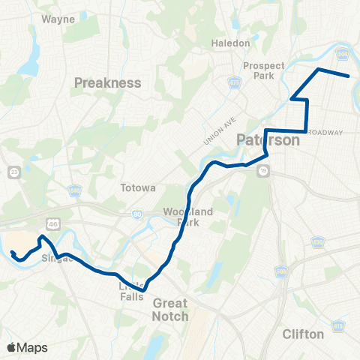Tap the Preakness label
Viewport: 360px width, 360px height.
click(x=108, y=82)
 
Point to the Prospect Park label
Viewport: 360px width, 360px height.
click(x=264, y=71)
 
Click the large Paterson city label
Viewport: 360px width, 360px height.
click(x=268, y=140)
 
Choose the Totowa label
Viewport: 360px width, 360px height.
click(x=137, y=187)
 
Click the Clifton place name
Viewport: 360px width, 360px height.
click(x=304, y=334)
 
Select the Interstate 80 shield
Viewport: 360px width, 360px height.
click(x=136, y=216)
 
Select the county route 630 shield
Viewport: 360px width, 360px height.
click(x=318, y=241)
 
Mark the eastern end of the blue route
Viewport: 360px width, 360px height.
click(x=349, y=76)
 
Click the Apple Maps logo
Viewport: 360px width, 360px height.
click(x=28, y=347)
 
